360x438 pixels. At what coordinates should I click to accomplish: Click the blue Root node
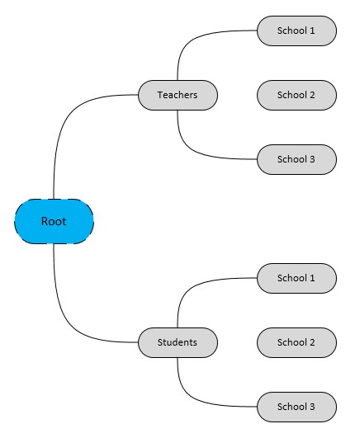pos(54,221)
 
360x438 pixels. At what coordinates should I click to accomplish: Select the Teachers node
pos(178,95)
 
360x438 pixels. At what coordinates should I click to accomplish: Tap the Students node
pos(178,342)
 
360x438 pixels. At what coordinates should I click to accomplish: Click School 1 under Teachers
pos(296,31)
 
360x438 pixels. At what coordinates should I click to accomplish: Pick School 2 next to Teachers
pos(296,95)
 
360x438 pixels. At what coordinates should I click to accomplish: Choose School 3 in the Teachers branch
pos(296,159)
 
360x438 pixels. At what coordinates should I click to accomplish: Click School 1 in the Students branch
pos(296,278)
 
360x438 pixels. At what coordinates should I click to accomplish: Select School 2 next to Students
pos(296,342)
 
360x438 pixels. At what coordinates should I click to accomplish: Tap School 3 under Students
pos(296,407)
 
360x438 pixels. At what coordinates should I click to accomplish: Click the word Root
pos(54,221)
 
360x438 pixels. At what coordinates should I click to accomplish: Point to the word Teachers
pos(178,95)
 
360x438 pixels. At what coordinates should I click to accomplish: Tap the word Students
pos(178,342)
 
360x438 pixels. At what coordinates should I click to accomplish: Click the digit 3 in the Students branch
pos(312,407)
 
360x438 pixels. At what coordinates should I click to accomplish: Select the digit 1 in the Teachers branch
pos(312,31)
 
